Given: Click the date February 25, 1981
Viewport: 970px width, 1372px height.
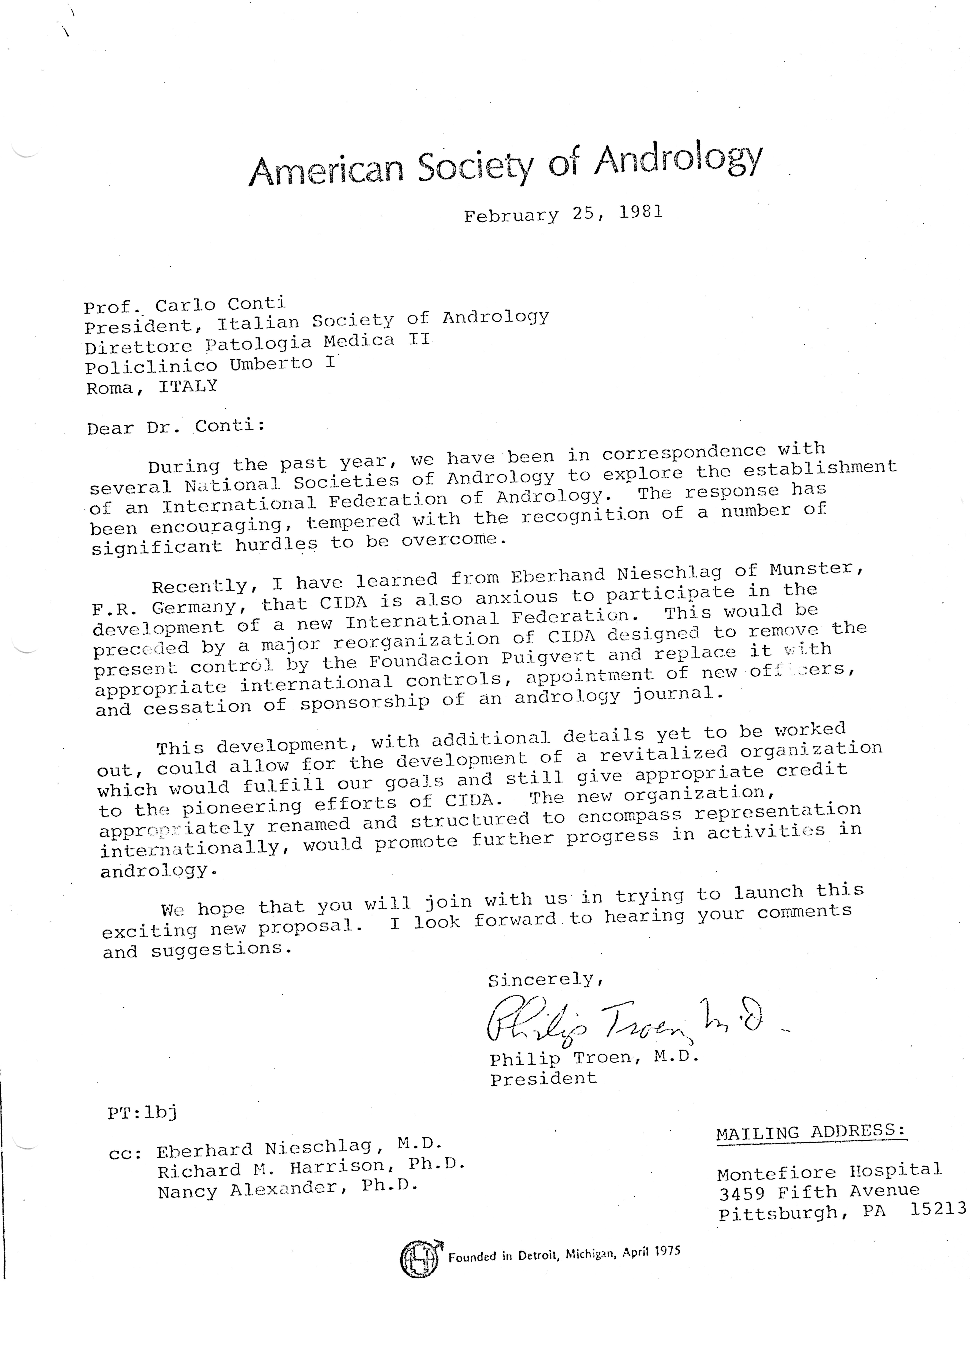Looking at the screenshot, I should tap(563, 214).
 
